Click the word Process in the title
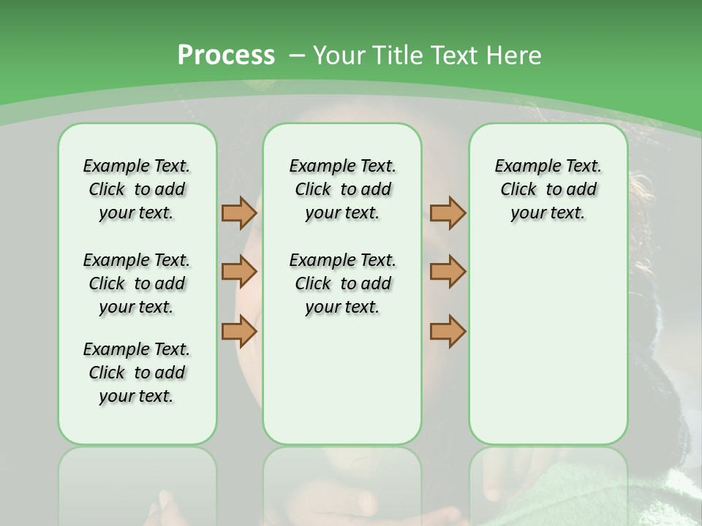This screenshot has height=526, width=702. (226, 56)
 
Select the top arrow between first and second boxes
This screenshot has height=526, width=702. (239, 213)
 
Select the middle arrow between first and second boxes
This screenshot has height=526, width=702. (239, 272)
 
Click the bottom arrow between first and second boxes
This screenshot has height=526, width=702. (239, 331)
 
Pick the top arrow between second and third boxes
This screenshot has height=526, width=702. (448, 213)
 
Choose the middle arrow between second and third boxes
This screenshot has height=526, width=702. (448, 272)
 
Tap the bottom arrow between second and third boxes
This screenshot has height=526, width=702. (448, 331)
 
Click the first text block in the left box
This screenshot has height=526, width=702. (137, 189)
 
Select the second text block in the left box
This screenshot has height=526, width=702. (137, 283)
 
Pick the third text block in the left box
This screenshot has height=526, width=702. (137, 373)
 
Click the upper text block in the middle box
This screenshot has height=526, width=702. (342, 189)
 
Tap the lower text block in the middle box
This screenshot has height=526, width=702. (342, 283)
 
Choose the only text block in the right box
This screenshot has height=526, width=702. (548, 189)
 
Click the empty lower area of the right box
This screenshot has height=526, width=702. (548, 343)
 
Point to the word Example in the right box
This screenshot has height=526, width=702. (522, 167)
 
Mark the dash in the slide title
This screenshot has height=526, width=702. (297, 56)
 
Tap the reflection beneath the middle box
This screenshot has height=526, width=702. (342, 482)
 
